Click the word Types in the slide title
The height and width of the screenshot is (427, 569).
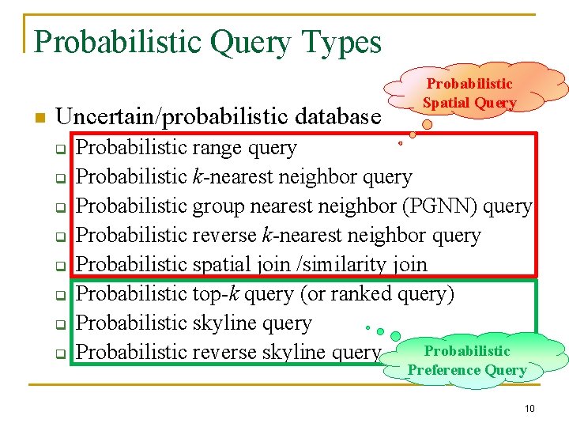tap(339, 42)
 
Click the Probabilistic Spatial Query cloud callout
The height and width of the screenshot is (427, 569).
tap(469, 93)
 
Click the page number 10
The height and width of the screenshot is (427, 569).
tap(529, 408)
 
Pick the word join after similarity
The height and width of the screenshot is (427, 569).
tap(409, 264)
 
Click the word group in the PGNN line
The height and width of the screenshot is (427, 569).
tap(218, 206)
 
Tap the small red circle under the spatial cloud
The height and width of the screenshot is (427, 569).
tap(401, 144)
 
